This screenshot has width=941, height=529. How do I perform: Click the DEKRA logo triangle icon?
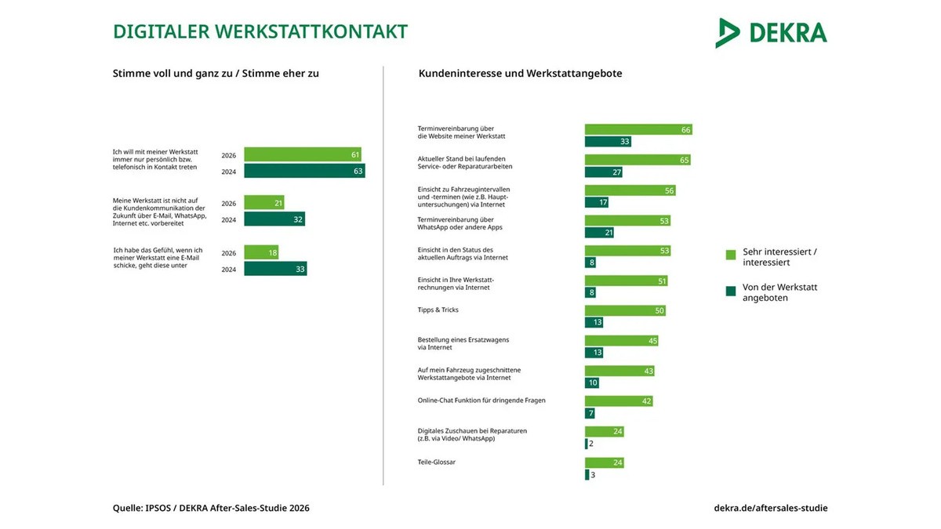point(727,33)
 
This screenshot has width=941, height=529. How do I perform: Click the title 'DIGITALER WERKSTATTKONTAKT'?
point(260,32)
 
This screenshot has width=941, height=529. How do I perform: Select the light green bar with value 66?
point(638,129)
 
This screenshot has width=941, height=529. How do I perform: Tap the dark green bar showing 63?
point(304,171)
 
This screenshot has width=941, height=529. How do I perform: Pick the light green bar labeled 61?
point(303,154)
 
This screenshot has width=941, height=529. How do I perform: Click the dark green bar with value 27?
point(604,172)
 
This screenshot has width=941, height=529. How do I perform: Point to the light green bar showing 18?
point(261,252)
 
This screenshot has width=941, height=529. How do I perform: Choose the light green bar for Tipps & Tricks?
point(625,310)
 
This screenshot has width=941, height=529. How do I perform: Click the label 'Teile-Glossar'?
point(437,462)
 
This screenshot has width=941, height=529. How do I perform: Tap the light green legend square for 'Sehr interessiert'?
point(731,255)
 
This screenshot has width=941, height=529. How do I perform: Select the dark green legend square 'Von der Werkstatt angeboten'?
point(731,291)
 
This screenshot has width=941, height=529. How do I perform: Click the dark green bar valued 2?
point(587,444)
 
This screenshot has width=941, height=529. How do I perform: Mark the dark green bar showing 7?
point(590,413)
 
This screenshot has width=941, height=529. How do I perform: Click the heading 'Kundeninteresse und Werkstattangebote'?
point(520,74)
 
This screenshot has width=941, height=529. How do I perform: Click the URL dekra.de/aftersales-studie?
point(771,508)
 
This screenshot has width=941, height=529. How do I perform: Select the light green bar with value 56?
point(630,190)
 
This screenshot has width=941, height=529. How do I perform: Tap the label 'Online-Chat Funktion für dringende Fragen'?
point(481,400)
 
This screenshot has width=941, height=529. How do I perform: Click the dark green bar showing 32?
point(274,219)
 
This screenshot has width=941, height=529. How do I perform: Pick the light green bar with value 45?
point(621,340)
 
